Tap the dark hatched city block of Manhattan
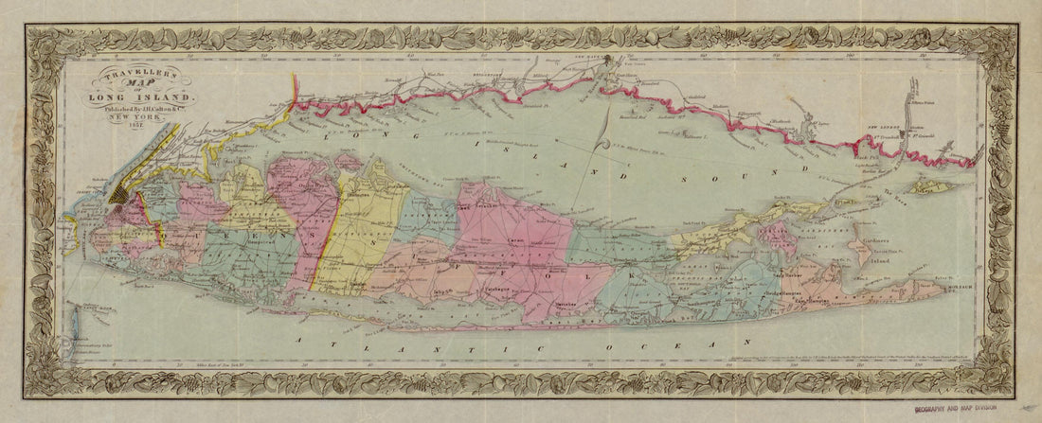[122, 193]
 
